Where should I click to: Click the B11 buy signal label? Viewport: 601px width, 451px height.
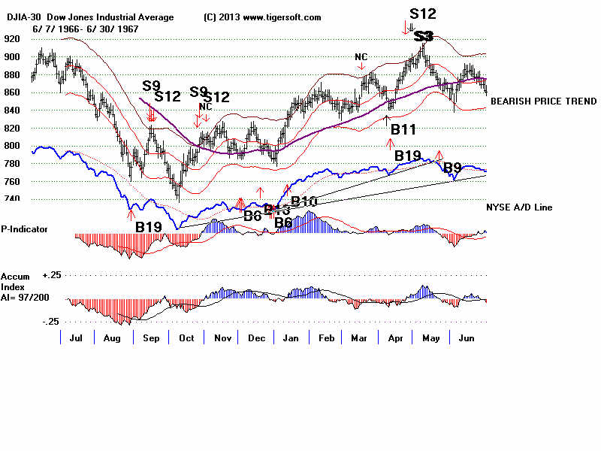tap(403, 130)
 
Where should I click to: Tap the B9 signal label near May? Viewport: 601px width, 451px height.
tap(452, 167)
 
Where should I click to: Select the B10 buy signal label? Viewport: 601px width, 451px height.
tap(304, 201)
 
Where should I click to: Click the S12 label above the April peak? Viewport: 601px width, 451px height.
tap(422, 13)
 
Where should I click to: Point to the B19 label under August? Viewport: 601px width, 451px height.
tap(149, 225)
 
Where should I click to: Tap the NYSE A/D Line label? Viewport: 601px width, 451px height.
tap(519, 207)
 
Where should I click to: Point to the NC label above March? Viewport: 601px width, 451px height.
tap(361, 57)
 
